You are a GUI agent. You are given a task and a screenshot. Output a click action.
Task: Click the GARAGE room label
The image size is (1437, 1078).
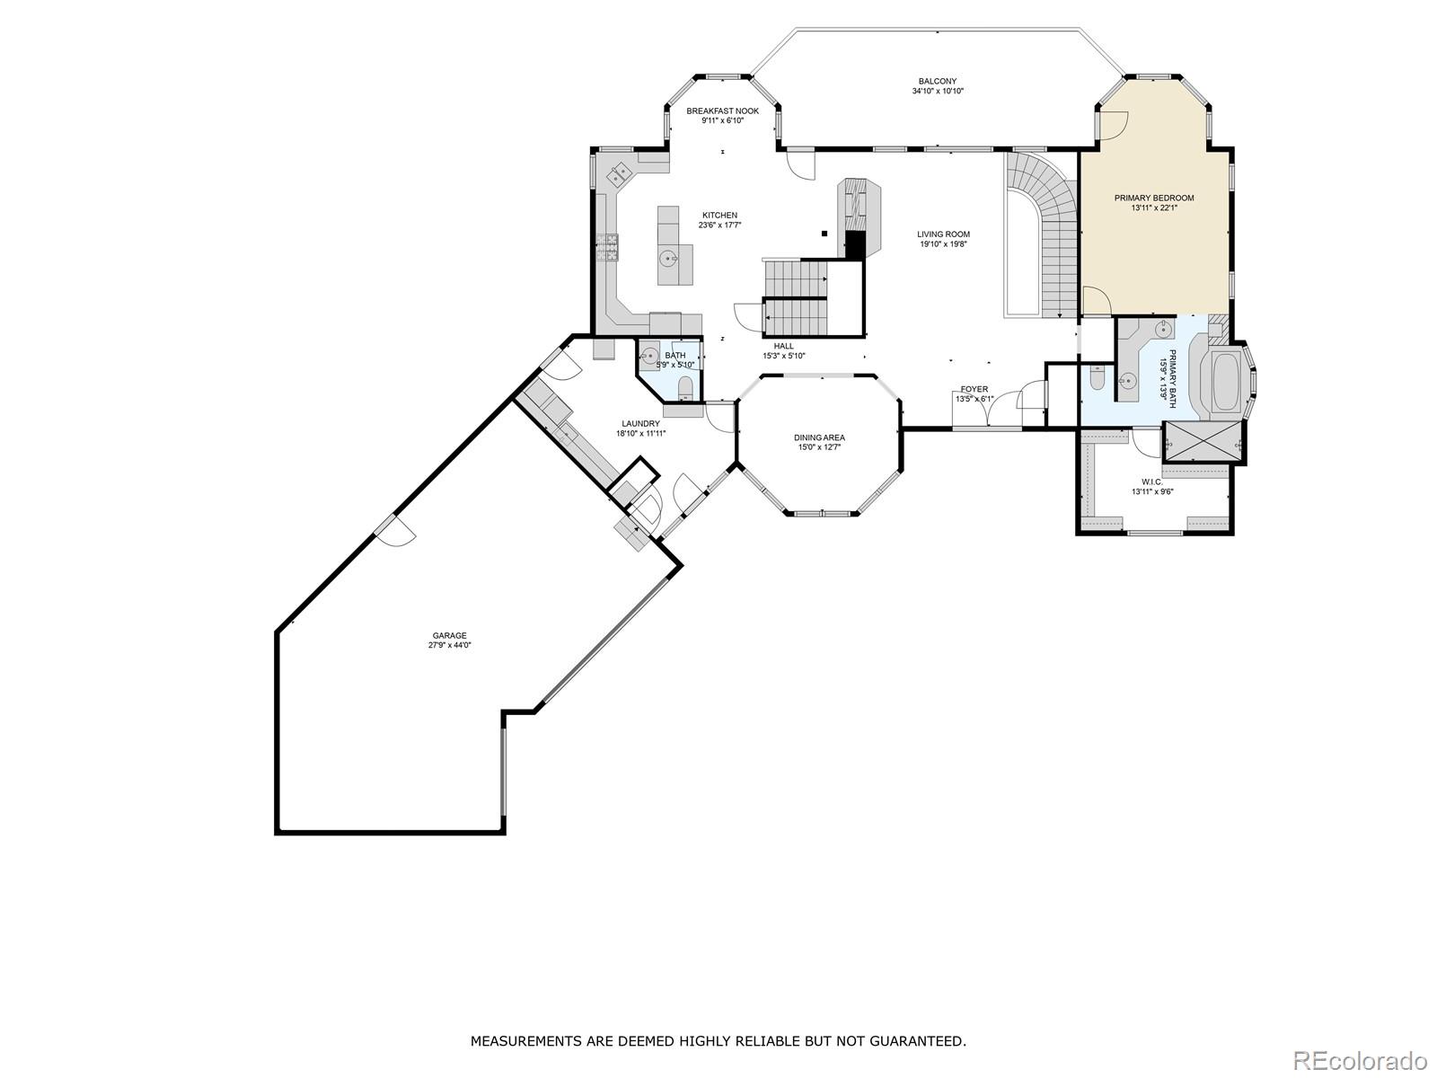[450, 635]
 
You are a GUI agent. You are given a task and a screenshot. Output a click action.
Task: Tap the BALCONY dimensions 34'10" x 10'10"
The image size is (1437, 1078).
[938, 91]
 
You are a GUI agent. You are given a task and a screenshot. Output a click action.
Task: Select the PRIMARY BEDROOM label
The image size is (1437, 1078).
[1154, 198]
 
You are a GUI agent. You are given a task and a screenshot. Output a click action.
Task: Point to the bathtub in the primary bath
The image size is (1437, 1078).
[1224, 383]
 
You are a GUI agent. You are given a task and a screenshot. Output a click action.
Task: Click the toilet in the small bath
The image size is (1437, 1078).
[685, 387]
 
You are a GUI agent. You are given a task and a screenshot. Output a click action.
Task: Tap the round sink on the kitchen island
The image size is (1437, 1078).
[668, 260]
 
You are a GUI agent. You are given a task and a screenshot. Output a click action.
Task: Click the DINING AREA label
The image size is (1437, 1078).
[819, 437]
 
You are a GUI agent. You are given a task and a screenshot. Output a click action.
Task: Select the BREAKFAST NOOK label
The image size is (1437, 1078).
[722, 110]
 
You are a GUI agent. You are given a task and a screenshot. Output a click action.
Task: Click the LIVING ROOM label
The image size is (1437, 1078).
[943, 234]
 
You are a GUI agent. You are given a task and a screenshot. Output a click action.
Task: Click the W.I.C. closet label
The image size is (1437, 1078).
[1152, 482]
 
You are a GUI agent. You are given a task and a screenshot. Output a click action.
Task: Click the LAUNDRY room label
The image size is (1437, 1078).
[640, 423]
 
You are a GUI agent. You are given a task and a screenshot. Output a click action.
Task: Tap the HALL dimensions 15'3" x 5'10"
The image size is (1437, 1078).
[783, 356]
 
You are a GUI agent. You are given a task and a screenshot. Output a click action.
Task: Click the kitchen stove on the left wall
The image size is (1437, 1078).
[607, 246]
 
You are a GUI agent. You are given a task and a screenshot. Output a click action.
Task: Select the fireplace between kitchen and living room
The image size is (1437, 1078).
[858, 216]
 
